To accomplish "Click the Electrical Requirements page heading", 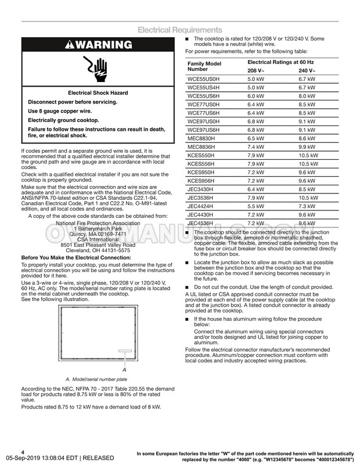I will (179, 30).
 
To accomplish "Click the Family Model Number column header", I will (204, 66).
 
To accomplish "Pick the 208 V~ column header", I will (257, 70).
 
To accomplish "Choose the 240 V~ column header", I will (307, 70).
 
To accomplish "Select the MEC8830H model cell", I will (201, 138).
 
